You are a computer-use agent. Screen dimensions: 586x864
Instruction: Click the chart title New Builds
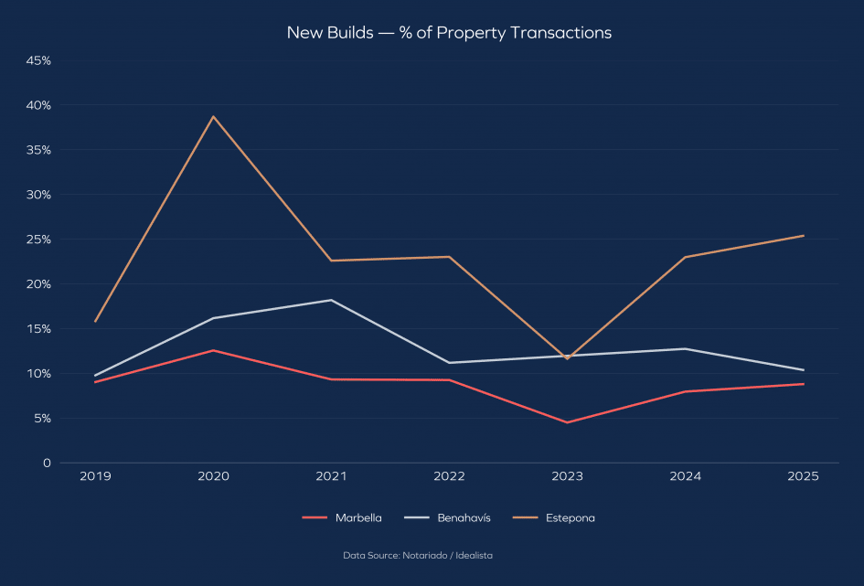click(x=449, y=33)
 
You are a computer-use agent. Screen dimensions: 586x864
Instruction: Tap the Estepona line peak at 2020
click(x=213, y=116)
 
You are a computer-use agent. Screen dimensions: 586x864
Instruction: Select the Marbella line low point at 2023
click(x=567, y=422)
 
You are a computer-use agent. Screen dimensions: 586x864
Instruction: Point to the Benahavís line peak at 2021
click(x=331, y=300)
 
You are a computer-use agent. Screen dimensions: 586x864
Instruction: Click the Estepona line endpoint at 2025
click(x=804, y=236)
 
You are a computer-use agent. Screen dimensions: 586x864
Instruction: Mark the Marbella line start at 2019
click(x=95, y=381)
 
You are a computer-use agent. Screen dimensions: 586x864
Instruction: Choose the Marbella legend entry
click(x=342, y=517)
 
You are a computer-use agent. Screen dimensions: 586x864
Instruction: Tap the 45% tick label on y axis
click(x=38, y=60)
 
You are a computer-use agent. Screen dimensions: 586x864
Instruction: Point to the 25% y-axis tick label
click(x=38, y=240)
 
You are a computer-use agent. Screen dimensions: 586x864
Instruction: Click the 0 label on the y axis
click(x=46, y=463)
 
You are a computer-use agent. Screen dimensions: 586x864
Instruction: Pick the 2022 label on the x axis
click(x=449, y=477)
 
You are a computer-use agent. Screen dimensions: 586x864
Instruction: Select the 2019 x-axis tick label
click(x=95, y=477)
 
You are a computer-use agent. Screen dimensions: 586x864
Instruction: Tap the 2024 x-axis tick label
click(x=686, y=477)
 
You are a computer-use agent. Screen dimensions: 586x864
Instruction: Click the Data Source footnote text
click(x=418, y=555)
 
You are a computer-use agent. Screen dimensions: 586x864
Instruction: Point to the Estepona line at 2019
click(x=95, y=321)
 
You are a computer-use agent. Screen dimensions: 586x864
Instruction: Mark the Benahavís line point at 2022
click(x=449, y=362)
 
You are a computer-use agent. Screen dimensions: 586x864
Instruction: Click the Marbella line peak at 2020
click(x=213, y=350)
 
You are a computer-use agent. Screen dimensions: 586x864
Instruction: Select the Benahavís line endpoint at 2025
click(x=804, y=370)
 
